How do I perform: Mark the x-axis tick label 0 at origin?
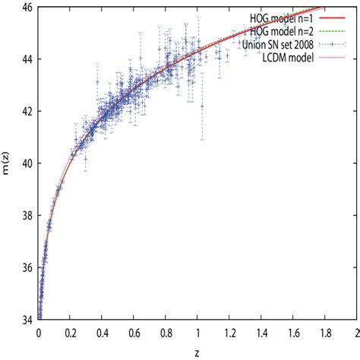(39, 332)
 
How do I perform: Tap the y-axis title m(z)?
(6, 163)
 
